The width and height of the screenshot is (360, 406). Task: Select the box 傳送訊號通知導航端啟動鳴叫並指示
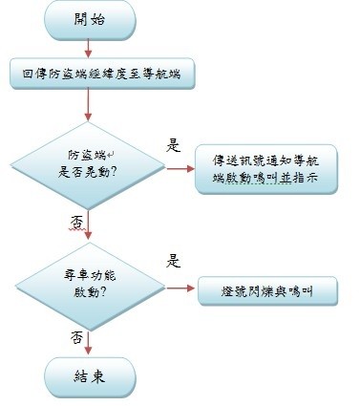point(265,168)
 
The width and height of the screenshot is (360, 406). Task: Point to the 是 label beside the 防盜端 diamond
point(174,146)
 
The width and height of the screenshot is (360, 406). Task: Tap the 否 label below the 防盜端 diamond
point(75,221)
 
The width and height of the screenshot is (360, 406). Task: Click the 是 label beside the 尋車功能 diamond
point(175,260)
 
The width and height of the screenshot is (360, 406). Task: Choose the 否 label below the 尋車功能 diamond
point(75,337)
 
